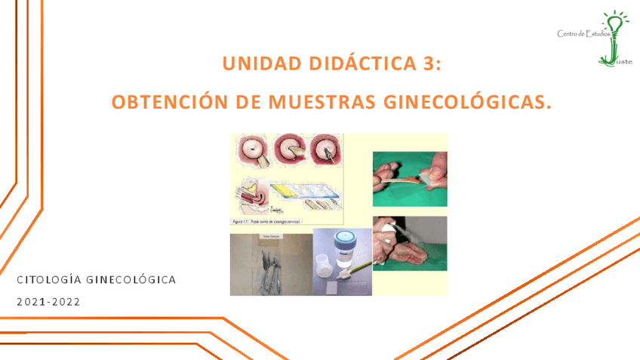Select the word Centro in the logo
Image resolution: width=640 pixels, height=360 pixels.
(568, 34)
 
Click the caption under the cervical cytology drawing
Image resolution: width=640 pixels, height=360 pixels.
(265, 223)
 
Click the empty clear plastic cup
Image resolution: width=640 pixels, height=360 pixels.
(322, 268)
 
